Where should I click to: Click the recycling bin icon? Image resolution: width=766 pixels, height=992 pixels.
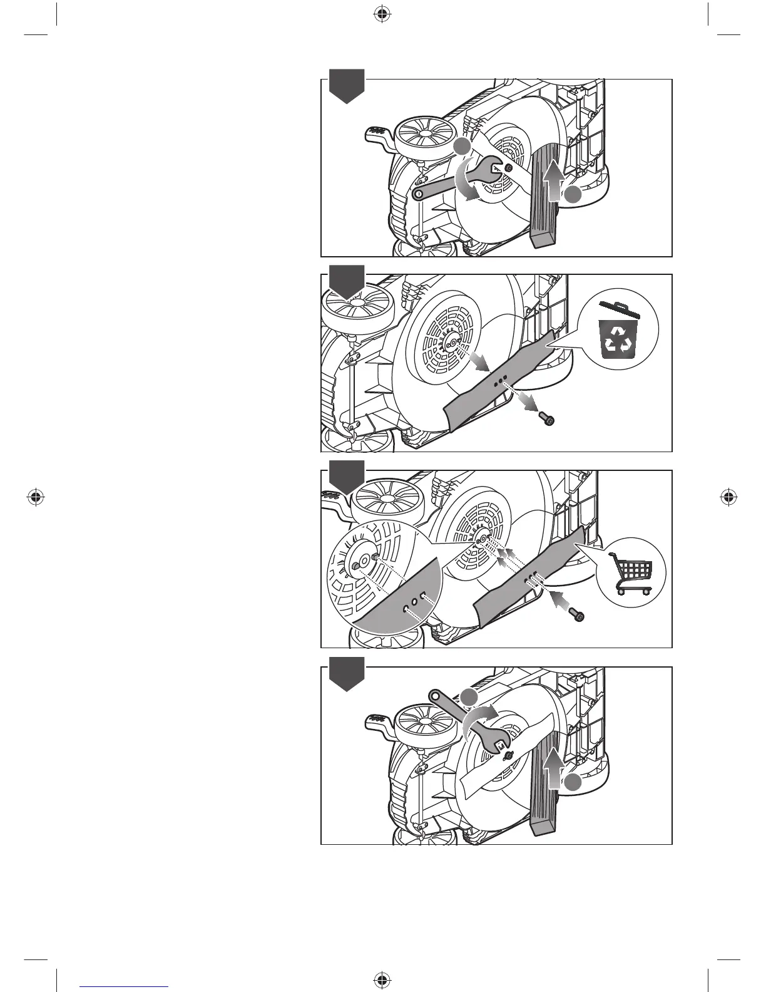coord(617,331)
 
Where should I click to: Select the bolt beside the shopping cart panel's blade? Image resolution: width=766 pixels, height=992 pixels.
coord(578,616)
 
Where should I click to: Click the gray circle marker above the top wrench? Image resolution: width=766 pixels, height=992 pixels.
coord(462,147)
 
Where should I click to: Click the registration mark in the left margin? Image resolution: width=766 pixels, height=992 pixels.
coord(36,497)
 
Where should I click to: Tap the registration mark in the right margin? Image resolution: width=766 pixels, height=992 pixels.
coord(728,497)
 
